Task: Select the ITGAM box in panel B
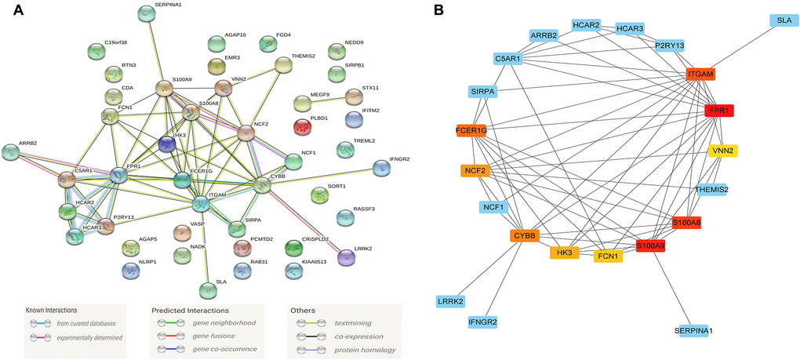(x=700, y=75)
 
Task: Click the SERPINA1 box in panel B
(x=698, y=331)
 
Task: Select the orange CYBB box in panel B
(x=524, y=235)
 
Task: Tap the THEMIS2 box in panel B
(x=711, y=190)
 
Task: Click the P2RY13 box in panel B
(x=669, y=45)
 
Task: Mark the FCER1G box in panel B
(x=471, y=131)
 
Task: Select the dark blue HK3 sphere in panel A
(x=166, y=144)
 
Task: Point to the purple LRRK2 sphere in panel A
(x=346, y=256)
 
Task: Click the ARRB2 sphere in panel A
(x=11, y=151)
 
